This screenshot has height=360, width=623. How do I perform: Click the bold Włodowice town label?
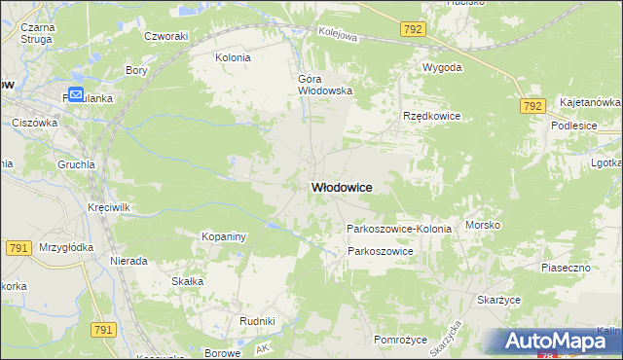[342, 187]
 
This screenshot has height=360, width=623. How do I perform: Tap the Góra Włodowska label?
[324, 84]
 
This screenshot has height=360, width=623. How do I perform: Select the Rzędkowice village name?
[431, 116]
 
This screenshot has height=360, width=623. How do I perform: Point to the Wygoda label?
[441, 68]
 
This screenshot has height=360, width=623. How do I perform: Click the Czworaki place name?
[165, 36]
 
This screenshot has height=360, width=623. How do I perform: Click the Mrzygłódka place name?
[66, 247]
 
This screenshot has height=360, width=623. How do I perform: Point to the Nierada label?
[128, 261]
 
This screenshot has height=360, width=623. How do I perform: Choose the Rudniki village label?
[257, 320]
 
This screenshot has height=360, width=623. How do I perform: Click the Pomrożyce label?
[401, 340]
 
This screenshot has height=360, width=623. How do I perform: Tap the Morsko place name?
[483, 225]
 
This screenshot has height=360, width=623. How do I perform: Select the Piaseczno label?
[567, 267]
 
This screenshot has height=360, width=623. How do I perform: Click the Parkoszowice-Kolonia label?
[399, 229]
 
